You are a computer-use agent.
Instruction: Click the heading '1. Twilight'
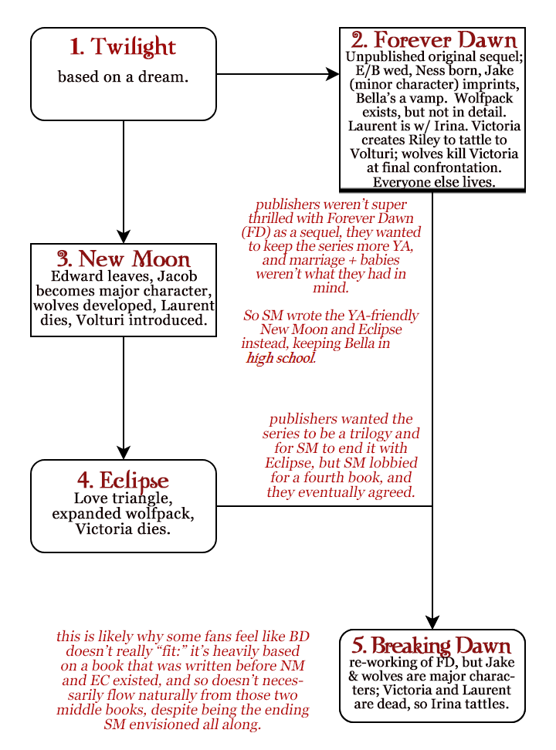123,47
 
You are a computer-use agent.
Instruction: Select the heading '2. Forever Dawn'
434,39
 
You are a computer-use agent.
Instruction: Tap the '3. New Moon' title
124,258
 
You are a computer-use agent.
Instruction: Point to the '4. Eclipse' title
123,480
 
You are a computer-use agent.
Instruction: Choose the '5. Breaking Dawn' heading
432,645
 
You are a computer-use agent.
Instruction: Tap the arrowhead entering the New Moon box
124,237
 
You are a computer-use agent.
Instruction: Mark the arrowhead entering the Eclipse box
124,453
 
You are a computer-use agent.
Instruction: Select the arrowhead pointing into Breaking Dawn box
432,622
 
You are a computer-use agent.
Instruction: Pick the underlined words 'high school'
280,358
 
